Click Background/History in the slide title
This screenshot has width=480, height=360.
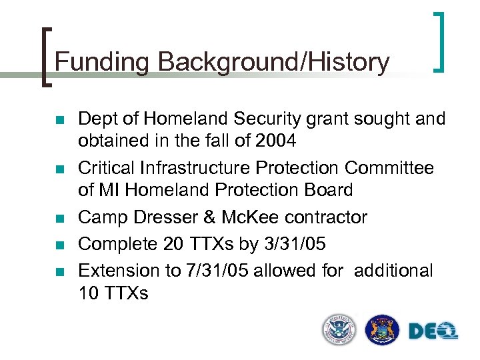click(x=274, y=62)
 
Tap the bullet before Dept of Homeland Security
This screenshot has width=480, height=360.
click(x=59, y=121)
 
